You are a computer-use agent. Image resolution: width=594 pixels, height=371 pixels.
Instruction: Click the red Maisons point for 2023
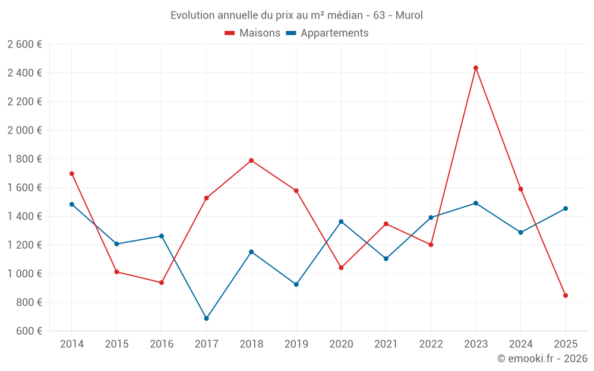tap(476, 68)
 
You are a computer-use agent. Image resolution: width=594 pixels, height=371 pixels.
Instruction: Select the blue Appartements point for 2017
tap(206, 319)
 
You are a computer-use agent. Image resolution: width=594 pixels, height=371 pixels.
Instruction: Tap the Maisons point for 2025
tap(565, 296)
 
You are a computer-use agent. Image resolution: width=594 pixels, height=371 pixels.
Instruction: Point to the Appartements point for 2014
tap(72, 204)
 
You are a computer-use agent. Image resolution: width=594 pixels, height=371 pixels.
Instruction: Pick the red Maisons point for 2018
tap(251, 160)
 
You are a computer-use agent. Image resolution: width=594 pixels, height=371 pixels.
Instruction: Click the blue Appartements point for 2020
tap(341, 221)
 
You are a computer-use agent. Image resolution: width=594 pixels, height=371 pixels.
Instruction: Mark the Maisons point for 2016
tap(162, 283)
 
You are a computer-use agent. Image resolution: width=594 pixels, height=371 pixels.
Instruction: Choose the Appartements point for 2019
tap(296, 284)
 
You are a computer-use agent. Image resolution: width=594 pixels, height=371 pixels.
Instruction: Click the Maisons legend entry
tap(252, 33)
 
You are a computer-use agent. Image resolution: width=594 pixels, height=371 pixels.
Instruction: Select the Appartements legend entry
tap(327, 33)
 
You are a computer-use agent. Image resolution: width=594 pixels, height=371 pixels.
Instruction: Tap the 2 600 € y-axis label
tap(24, 45)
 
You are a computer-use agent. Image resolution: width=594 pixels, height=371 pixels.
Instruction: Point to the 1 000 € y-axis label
tap(24, 274)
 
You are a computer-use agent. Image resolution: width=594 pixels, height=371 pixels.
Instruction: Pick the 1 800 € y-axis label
tap(24, 159)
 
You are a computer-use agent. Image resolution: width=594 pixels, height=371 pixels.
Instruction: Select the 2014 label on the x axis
tap(72, 344)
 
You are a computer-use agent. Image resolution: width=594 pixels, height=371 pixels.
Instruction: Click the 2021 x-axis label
tap(386, 344)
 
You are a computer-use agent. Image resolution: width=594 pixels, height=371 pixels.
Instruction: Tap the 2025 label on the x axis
tap(565, 344)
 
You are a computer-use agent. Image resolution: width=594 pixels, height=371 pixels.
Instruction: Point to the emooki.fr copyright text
tap(542, 359)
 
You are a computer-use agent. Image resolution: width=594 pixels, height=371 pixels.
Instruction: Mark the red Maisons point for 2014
tap(72, 174)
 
